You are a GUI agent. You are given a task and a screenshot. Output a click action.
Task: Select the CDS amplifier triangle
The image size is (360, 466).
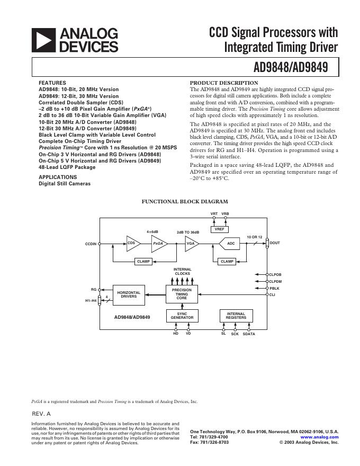tap(132, 243)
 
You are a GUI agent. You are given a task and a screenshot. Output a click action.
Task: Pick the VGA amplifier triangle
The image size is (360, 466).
tap(191, 243)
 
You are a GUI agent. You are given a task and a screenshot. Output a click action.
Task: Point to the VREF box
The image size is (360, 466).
tap(219, 229)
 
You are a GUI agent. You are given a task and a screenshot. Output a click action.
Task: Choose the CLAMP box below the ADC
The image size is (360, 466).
tap(227, 262)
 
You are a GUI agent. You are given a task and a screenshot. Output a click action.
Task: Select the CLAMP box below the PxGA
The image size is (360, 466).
tap(143, 262)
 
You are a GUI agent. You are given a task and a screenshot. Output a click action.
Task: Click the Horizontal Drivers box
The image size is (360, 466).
tap(129, 295)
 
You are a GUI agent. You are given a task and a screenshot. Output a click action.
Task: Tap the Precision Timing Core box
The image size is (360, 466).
tap(182, 294)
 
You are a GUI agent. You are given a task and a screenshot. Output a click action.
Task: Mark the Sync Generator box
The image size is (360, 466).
tap(182, 316)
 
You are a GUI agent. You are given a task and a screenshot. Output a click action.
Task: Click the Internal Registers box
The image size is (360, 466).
tap(236, 316)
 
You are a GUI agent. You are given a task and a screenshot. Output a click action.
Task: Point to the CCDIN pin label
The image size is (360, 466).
tap(91, 244)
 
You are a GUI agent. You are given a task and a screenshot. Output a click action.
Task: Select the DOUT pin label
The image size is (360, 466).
tap(275, 243)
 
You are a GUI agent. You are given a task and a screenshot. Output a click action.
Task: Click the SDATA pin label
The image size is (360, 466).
tap(249, 334)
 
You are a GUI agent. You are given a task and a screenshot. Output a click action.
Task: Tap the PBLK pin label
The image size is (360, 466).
tap(275, 288)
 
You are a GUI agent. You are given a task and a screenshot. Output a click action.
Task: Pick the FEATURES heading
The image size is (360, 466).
tap(52, 83)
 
